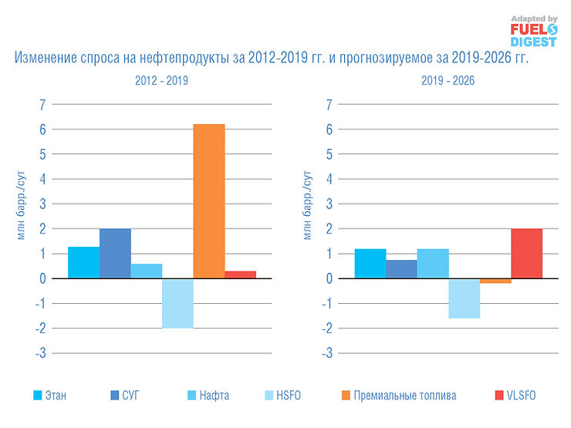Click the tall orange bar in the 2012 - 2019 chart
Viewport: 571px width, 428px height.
point(208,201)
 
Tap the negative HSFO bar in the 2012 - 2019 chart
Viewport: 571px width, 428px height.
point(177,303)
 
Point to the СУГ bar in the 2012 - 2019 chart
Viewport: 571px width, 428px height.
point(115,253)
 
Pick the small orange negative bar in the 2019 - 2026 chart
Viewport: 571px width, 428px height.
point(495,281)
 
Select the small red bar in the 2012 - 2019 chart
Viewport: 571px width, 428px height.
point(240,275)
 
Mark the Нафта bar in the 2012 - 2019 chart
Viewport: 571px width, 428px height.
point(146,271)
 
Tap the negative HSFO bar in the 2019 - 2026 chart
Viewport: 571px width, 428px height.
point(464,298)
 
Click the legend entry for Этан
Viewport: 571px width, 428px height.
point(49,396)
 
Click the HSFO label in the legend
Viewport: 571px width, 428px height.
point(288,396)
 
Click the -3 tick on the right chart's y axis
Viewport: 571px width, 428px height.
point(329,353)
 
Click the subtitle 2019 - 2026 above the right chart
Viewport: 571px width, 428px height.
point(448,79)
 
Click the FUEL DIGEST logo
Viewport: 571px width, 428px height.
point(534,31)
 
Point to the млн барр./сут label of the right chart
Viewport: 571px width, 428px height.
point(308,208)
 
